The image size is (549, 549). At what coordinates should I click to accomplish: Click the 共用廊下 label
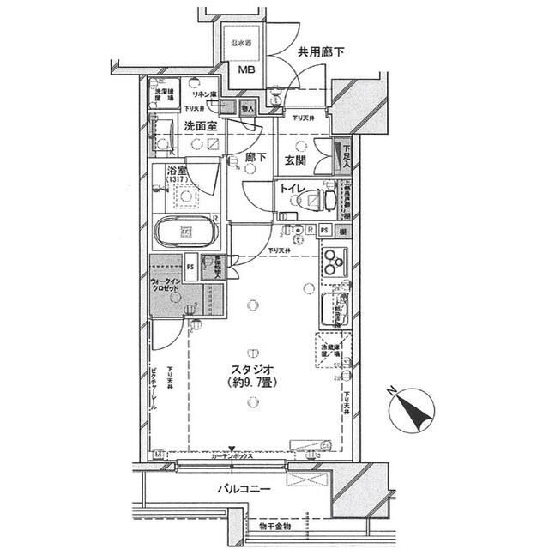click(322, 53)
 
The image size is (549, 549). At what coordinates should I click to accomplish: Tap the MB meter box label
click(246, 71)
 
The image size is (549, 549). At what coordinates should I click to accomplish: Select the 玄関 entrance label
click(294, 160)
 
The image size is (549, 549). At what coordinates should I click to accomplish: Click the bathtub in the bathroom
click(184, 232)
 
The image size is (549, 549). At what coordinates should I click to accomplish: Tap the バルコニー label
click(243, 489)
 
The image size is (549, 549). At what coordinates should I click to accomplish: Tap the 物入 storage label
click(246, 107)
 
